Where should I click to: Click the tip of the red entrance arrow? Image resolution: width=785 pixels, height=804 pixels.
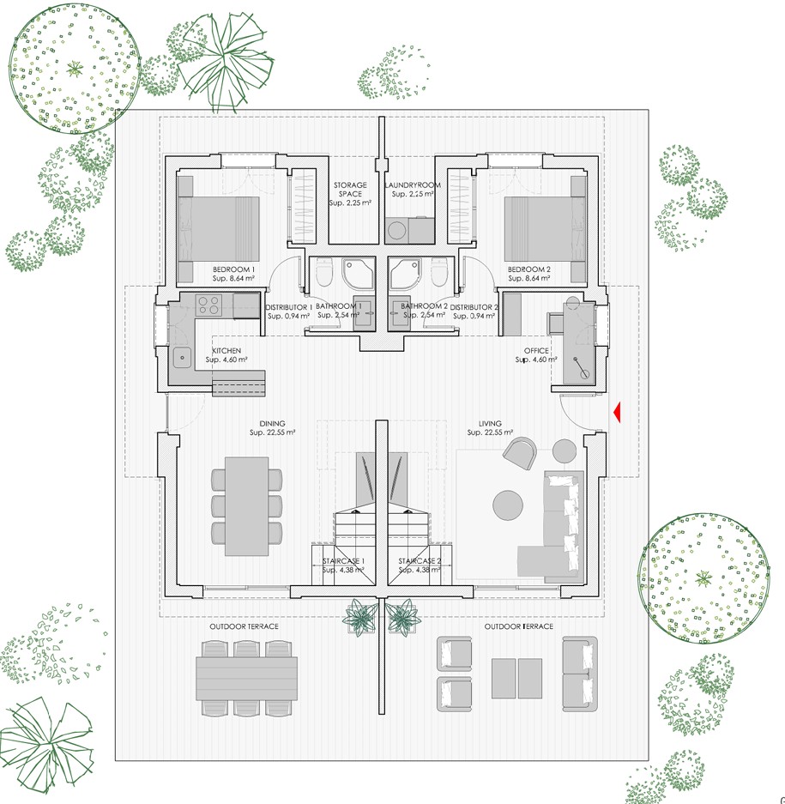[613, 413]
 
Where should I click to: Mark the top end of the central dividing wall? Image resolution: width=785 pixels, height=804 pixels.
[382, 117]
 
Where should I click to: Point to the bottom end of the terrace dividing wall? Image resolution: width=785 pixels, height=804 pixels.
[382, 713]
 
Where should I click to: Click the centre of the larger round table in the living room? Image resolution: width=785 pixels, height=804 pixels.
[508, 505]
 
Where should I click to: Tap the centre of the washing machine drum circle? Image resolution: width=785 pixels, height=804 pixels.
[397, 230]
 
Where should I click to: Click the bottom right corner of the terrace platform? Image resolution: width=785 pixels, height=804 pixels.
[649, 760]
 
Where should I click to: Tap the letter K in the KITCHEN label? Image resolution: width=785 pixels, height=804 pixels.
[214, 351]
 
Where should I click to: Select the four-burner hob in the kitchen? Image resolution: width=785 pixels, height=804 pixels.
[209, 305]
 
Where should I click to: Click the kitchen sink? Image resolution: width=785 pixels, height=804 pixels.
[182, 358]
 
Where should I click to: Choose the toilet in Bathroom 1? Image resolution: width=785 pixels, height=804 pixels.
[324, 272]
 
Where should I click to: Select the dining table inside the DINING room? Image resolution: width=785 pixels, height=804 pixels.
[246, 506]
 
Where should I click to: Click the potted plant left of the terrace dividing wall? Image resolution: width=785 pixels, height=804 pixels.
[360, 617]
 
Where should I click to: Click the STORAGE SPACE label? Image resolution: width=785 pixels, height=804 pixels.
[351, 190]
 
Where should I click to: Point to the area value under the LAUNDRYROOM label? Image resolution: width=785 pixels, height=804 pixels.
[413, 194]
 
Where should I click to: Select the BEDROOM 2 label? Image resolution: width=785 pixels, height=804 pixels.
[529, 269]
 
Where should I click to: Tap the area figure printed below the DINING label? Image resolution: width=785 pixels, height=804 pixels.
[272, 432]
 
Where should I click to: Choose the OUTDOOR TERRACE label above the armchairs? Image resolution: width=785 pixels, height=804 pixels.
[519, 626]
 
